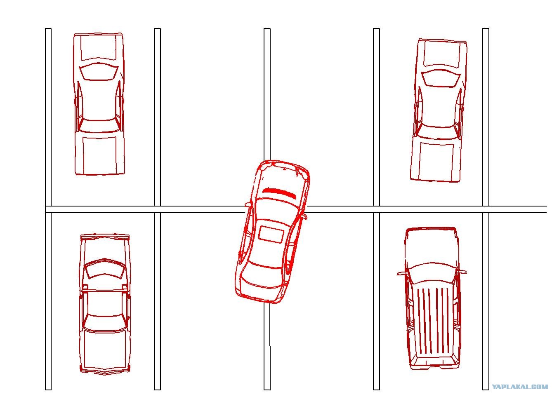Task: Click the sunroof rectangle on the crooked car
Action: [271, 234]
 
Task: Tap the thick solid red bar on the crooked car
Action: [280, 192]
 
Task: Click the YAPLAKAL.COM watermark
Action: [520, 387]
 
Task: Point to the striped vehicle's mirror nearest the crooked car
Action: [401, 274]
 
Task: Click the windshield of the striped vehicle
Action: [432, 272]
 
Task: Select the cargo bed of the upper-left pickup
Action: [99, 155]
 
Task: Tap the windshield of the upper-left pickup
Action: [99, 72]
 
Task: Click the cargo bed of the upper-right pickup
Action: [436, 161]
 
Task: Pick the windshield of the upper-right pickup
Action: [441, 78]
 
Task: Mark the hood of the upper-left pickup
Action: [99, 47]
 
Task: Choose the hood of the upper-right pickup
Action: [442, 54]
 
